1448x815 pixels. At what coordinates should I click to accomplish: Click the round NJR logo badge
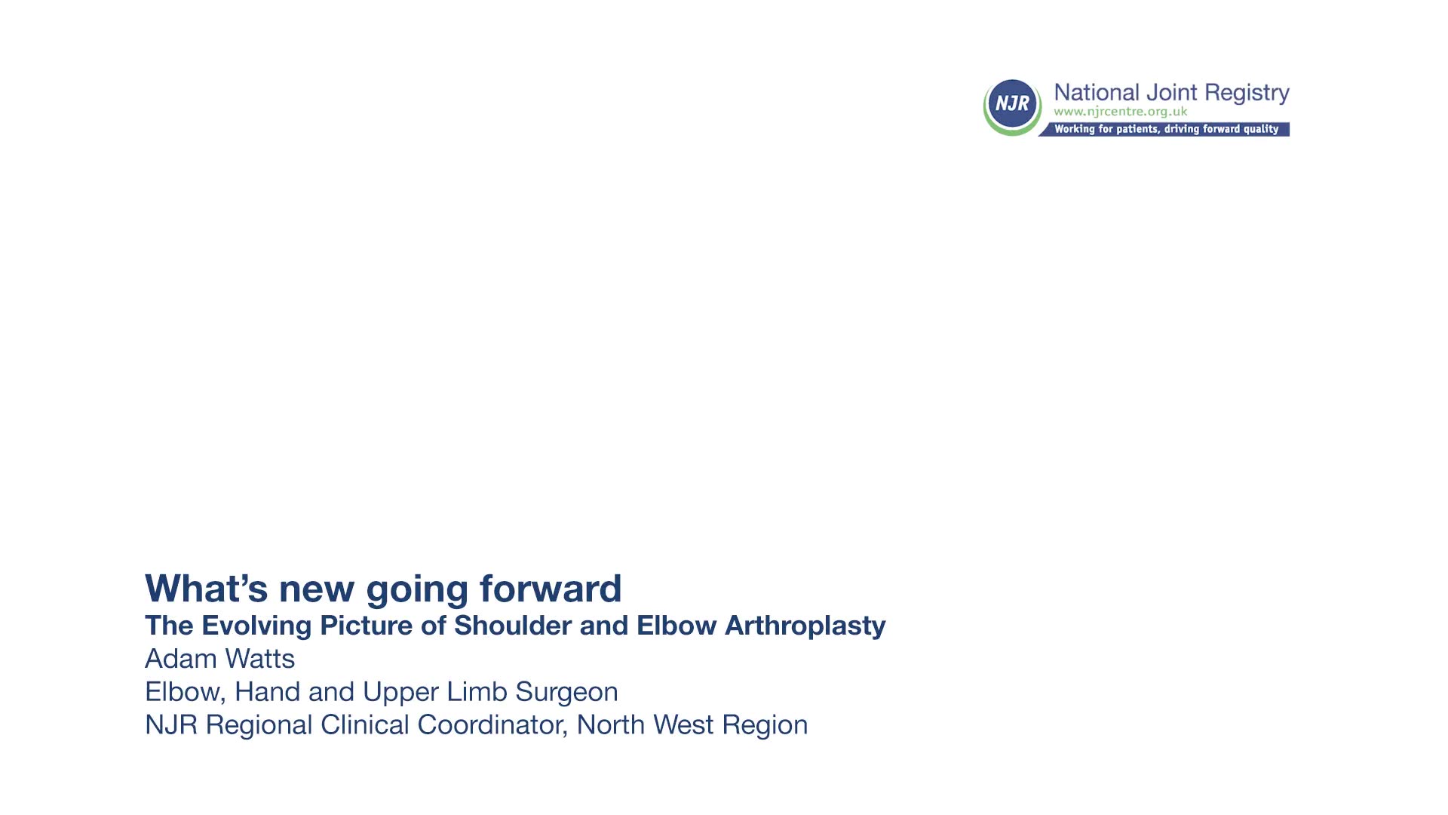click(x=1012, y=106)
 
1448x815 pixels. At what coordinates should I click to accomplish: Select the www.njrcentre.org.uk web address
click(x=1121, y=112)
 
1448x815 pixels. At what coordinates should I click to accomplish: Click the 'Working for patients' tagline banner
click(x=1166, y=129)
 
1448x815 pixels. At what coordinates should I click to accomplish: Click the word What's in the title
click(x=207, y=588)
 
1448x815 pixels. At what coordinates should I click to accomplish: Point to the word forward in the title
click(x=551, y=588)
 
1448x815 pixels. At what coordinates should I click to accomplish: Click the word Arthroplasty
click(x=805, y=626)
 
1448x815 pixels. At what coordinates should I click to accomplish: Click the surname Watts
click(x=260, y=659)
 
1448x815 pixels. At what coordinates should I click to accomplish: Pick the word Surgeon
click(x=566, y=692)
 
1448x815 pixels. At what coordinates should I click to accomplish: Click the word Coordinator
click(x=492, y=725)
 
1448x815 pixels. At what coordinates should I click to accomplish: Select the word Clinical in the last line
click(x=365, y=724)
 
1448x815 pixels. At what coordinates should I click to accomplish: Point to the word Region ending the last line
click(x=765, y=725)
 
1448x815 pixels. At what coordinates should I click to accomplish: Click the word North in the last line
click(x=611, y=724)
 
